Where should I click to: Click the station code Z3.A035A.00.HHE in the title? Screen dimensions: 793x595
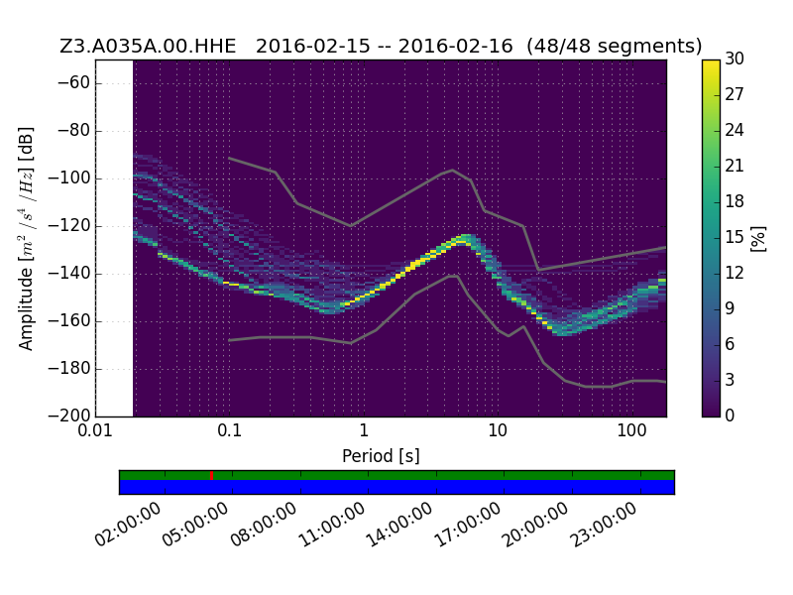tap(148, 46)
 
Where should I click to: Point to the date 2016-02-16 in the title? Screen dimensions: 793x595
tap(455, 46)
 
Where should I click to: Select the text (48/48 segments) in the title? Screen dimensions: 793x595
tap(614, 46)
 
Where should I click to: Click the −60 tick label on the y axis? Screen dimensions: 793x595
tap(73, 83)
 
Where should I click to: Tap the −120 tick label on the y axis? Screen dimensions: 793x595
tap(68, 226)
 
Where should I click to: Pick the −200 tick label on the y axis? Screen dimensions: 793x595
tap(68, 416)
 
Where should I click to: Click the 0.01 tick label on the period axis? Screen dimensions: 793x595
tap(95, 431)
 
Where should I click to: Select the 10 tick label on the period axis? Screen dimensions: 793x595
tap(498, 431)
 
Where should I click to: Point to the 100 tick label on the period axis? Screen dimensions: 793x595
tap(631, 431)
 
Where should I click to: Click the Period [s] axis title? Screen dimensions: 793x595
tap(381, 456)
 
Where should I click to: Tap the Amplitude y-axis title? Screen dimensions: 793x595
tap(26, 238)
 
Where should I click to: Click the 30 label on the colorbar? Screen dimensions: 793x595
tap(735, 59)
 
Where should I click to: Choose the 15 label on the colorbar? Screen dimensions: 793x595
tap(735, 237)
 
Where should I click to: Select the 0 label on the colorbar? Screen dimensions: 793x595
tap(730, 416)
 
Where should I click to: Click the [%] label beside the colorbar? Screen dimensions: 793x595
tap(758, 238)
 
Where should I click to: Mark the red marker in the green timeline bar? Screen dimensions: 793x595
tap(211, 475)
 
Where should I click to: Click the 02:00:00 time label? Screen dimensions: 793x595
tap(128, 525)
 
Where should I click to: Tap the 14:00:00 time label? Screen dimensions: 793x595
tap(399, 525)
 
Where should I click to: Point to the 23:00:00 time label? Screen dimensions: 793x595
tap(603, 525)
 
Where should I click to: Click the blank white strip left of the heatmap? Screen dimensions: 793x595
tap(114, 238)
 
